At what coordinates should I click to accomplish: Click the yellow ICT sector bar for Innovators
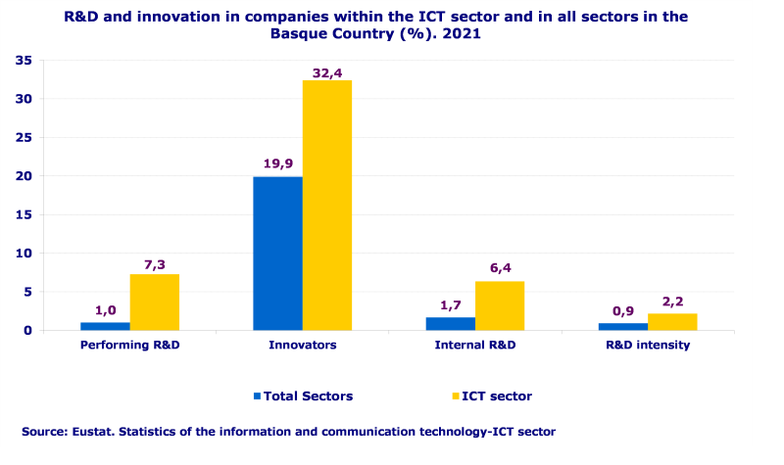(x=327, y=205)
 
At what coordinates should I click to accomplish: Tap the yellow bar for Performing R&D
(x=155, y=302)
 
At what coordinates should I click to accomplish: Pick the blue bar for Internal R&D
(x=451, y=323)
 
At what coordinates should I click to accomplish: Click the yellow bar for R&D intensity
(x=672, y=321)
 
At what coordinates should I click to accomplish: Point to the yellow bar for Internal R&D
(x=500, y=305)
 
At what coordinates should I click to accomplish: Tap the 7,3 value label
(x=155, y=263)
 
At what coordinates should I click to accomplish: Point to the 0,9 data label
(x=623, y=312)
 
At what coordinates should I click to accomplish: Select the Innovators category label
(x=302, y=346)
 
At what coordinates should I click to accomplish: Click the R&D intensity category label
(x=648, y=346)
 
